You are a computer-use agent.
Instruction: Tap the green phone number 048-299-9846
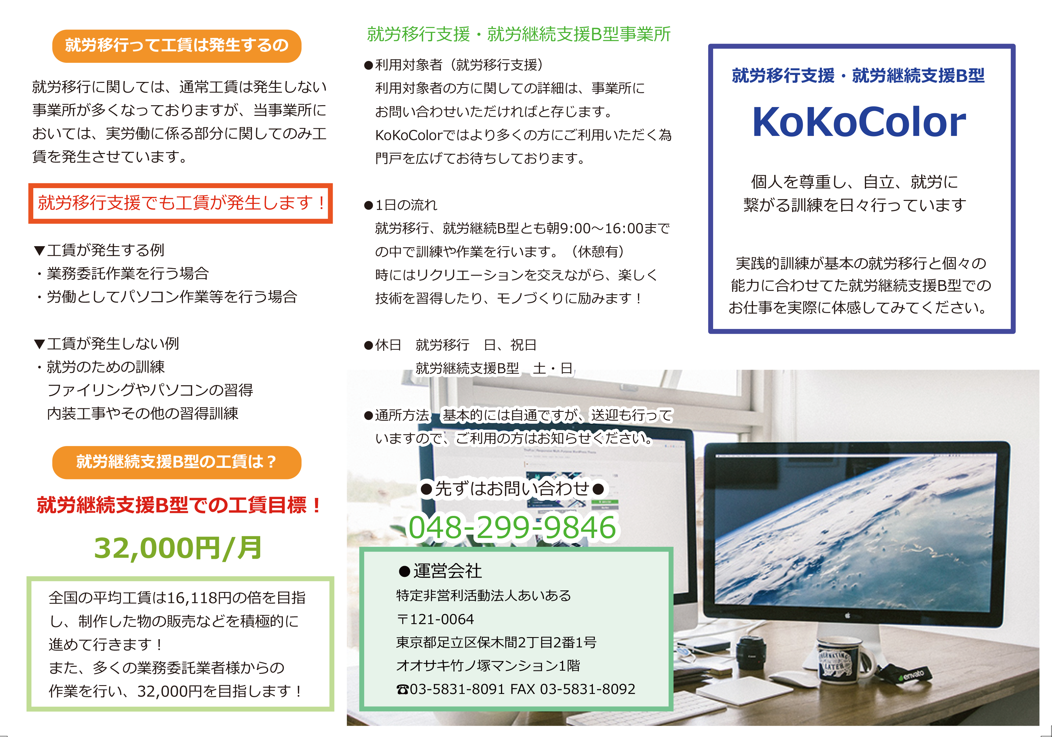coord(512,527)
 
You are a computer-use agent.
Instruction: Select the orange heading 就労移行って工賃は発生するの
coord(177,45)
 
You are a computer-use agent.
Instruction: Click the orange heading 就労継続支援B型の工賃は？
coord(177,462)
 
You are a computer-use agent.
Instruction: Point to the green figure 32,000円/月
coord(178,548)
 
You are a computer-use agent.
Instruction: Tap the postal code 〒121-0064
coord(435,619)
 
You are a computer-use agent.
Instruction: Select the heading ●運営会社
coord(440,571)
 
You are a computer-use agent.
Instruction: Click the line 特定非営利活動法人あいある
coord(483,595)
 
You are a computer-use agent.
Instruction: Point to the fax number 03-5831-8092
coord(588,689)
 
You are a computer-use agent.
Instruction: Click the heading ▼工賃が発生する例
coord(99,250)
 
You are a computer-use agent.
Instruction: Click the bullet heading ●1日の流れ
coord(400,205)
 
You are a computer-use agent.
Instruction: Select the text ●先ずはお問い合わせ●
coord(512,488)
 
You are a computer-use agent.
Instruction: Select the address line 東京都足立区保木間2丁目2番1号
coord(496,642)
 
